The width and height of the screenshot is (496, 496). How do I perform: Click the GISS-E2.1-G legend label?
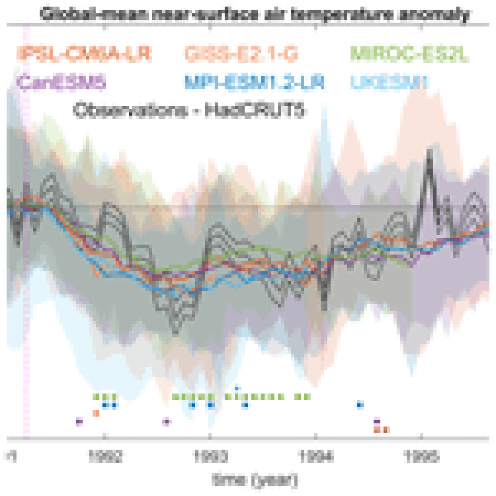click(241, 54)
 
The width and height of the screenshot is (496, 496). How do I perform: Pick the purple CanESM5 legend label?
click(61, 82)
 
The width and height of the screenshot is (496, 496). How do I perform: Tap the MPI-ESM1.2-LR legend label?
click(254, 82)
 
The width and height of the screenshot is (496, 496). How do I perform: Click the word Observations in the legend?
click(130, 110)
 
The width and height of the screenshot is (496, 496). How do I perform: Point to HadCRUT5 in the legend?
click(255, 110)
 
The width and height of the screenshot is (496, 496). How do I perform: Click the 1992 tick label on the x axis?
click(105, 456)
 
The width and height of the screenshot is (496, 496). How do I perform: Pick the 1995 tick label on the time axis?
click(421, 456)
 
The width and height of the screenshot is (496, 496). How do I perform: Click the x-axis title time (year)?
click(255, 480)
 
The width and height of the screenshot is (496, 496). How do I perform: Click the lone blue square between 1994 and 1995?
click(360, 405)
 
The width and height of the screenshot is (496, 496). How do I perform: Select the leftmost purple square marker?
click(79, 421)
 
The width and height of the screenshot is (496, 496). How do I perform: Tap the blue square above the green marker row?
click(237, 388)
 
